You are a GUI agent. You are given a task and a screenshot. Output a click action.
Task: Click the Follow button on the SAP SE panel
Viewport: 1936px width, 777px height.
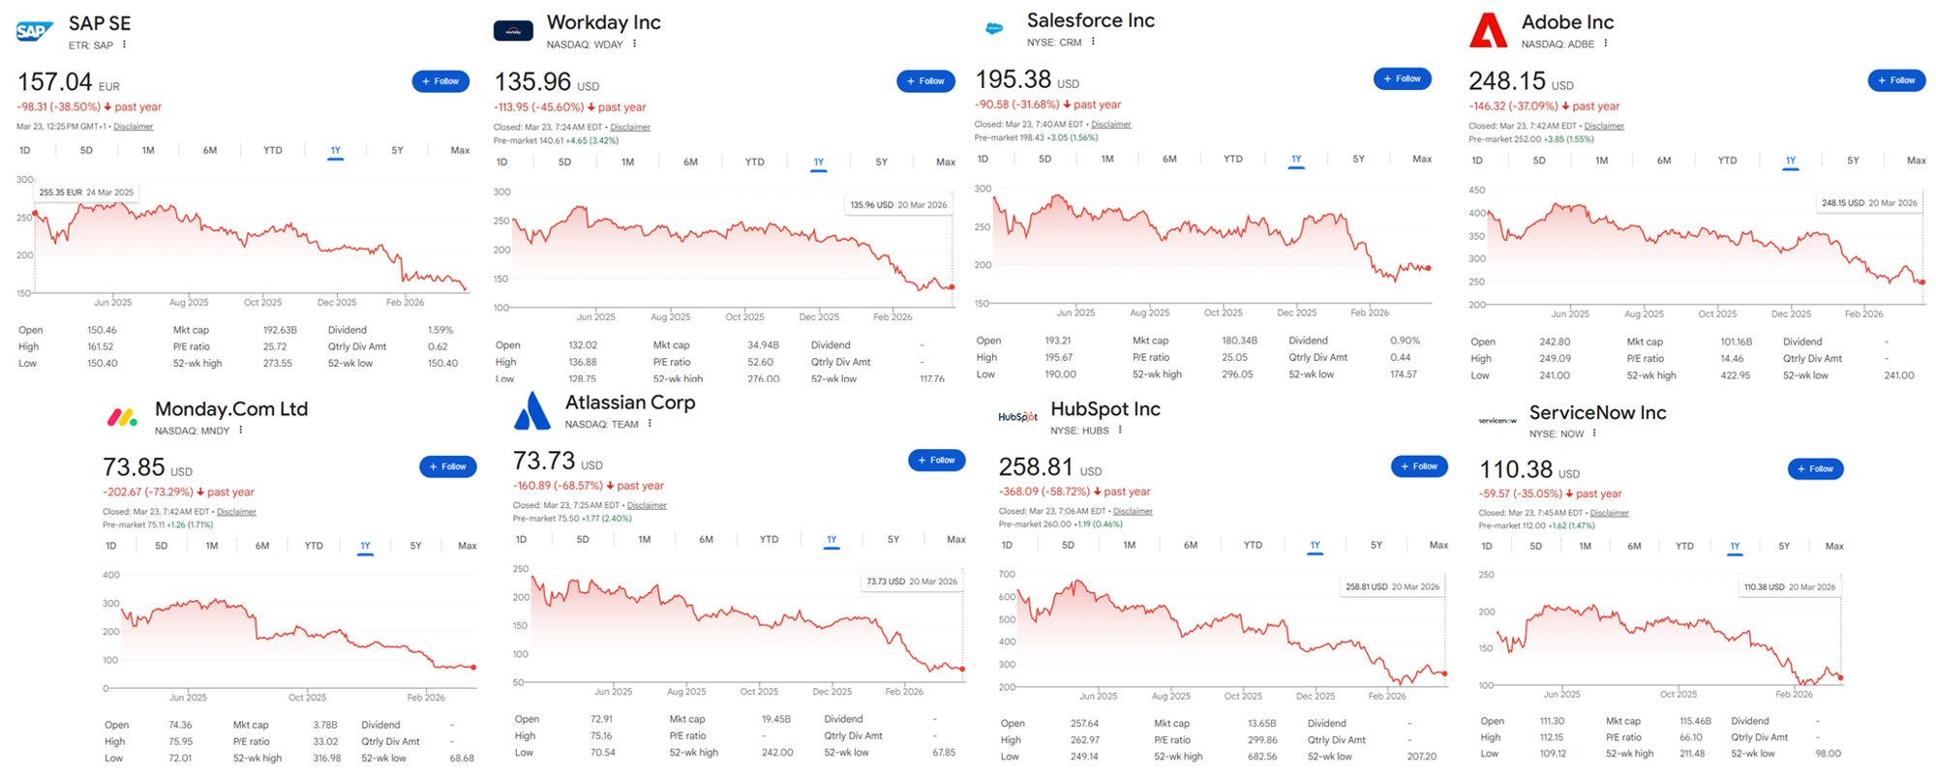point(440,81)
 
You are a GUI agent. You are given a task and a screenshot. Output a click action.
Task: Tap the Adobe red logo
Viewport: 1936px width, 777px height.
point(1488,30)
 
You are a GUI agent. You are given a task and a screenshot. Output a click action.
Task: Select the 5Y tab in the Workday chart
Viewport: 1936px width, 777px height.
point(881,163)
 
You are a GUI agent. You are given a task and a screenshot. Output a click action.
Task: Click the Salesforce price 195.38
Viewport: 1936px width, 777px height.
point(1013,79)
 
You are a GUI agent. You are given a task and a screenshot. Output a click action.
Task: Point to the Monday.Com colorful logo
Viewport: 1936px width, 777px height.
point(122,418)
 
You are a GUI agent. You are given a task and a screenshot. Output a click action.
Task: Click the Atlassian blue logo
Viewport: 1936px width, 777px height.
point(532,411)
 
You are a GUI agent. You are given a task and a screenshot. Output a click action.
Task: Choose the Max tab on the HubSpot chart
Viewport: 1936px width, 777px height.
point(1438,546)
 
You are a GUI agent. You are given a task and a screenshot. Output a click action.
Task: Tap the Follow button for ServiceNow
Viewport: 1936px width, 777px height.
point(1815,469)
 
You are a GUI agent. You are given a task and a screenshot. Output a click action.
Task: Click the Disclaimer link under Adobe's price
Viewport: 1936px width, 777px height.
point(1604,126)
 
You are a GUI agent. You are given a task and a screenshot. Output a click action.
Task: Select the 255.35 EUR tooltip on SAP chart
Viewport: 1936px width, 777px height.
point(86,193)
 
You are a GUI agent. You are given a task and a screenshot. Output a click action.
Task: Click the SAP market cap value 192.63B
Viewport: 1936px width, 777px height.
point(280,330)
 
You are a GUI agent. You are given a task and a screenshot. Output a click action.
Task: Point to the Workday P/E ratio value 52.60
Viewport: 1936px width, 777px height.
point(760,362)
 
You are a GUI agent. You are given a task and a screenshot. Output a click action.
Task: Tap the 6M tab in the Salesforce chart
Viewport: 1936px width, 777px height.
point(1169,159)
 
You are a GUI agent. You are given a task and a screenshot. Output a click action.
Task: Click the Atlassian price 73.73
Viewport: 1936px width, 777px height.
point(544,462)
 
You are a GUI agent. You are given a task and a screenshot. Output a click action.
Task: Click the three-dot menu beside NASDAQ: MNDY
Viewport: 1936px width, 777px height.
point(241,431)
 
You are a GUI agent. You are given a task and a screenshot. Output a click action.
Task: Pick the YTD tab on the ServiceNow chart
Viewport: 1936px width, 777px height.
point(1684,547)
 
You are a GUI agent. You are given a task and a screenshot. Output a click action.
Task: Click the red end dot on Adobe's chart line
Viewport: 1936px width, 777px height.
point(1921,282)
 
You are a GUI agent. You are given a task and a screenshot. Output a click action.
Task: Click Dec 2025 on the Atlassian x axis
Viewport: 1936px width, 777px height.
point(832,692)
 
